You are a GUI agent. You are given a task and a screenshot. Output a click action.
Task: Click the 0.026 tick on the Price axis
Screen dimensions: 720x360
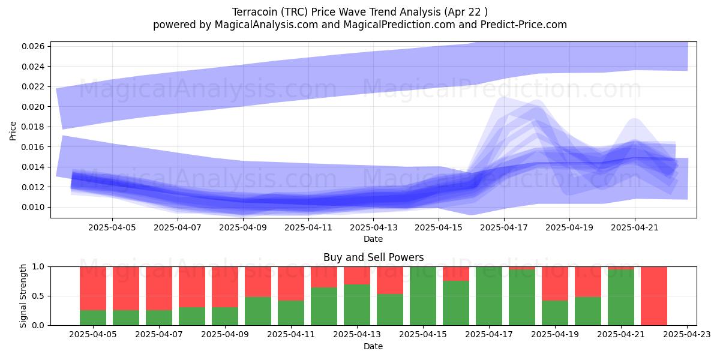33,47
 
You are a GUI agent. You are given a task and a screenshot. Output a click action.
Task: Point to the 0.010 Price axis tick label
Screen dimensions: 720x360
33,208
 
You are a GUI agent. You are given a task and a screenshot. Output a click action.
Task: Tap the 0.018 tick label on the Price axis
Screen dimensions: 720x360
33,127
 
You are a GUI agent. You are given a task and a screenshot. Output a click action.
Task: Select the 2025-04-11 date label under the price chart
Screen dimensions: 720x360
308,227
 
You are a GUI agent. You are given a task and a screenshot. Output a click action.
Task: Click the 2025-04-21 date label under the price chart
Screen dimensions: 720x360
635,227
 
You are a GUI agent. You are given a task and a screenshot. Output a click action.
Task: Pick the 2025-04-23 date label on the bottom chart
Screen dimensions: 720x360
687,334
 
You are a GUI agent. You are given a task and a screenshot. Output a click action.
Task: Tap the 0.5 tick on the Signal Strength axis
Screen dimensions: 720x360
38,296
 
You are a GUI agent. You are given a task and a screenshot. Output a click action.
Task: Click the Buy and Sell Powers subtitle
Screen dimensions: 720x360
373,257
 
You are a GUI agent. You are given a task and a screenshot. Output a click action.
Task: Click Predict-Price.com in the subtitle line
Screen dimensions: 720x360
524,25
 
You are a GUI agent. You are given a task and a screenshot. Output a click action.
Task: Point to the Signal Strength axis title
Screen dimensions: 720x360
23,296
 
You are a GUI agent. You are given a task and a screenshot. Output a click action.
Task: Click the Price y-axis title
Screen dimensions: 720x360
13,131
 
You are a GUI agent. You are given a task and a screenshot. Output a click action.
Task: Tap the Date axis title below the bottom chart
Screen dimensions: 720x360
373,347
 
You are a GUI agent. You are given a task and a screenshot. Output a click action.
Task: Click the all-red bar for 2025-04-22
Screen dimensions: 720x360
654,296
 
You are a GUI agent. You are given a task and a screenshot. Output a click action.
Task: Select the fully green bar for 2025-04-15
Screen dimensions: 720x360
423,296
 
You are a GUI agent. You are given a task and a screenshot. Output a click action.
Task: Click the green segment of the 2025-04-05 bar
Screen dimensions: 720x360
93,317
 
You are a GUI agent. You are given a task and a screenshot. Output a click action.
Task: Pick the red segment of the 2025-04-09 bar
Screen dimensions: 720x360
225,287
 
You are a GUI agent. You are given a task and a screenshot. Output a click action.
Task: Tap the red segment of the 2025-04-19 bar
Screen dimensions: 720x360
555,283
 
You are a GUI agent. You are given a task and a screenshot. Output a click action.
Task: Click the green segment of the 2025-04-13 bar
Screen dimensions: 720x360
357,305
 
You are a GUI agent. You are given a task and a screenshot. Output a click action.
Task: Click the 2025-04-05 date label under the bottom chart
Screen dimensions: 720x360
93,334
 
